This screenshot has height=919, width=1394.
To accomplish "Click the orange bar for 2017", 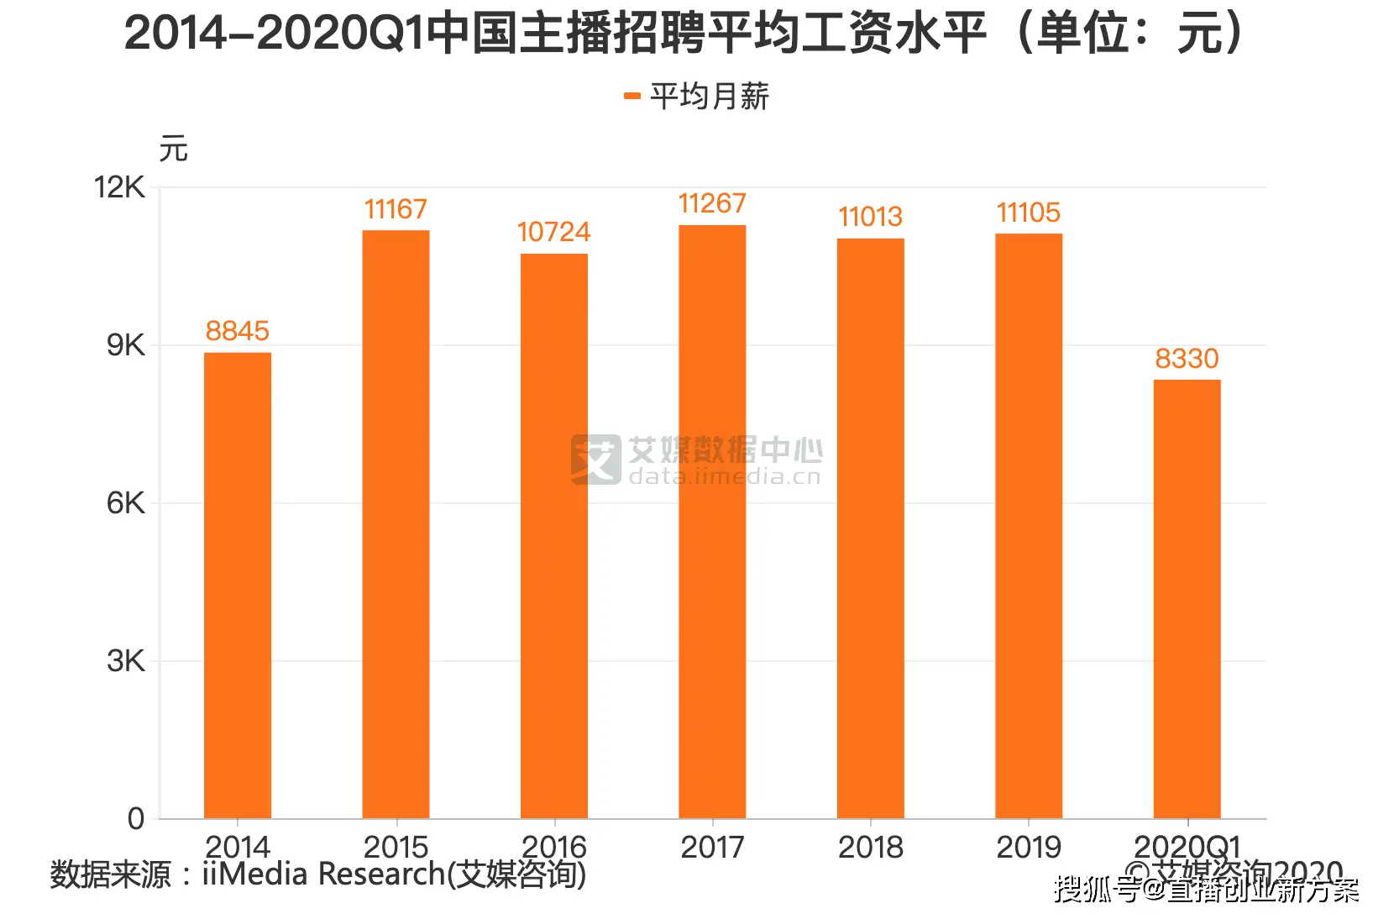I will click(712, 521).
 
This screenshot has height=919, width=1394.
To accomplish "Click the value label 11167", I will click(396, 209).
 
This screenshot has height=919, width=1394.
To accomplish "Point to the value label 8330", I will click(1187, 359).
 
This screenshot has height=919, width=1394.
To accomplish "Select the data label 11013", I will click(870, 217).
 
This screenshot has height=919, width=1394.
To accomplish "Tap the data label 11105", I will click(1029, 213).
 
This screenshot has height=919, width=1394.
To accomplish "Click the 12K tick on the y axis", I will click(119, 187).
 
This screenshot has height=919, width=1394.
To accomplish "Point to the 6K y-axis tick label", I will click(125, 503).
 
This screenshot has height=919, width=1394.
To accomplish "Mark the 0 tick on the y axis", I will click(136, 819).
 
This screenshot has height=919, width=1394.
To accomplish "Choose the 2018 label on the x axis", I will click(870, 847).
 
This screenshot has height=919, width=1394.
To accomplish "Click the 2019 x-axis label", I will click(1029, 847).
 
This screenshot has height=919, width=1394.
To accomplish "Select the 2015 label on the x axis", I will click(396, 847).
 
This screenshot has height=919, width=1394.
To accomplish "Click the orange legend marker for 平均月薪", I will click(632, 97).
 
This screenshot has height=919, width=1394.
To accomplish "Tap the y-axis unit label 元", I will click(174, 149).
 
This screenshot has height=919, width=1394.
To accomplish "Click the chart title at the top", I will click(684, 34).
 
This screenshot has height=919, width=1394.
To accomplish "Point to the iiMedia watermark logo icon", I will click(595, 459).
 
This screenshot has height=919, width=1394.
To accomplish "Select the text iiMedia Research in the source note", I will click(323, 874).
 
